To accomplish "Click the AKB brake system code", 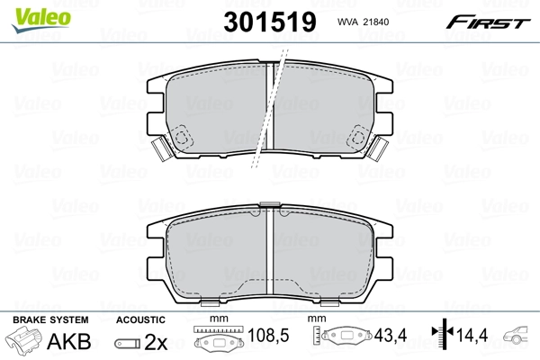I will coord(72,343).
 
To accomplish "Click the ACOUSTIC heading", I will coord(141,319).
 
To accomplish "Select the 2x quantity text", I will coord(157,343).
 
